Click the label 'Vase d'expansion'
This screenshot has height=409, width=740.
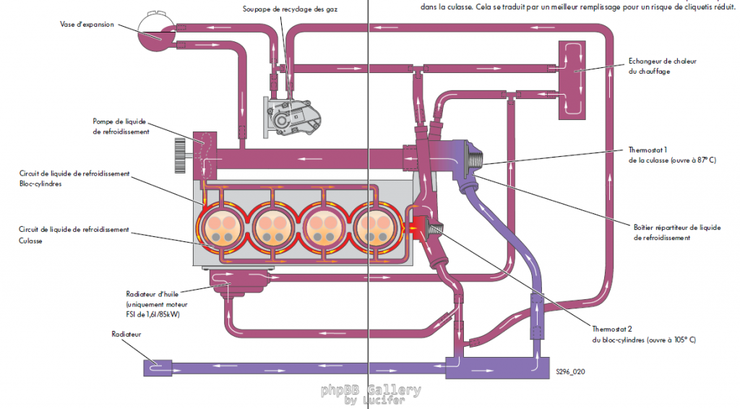pos(87,24)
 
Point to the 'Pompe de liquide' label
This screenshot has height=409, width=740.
pos(121,121)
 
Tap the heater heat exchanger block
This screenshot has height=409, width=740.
pos(575,79)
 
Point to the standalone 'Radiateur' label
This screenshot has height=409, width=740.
pos(126,335)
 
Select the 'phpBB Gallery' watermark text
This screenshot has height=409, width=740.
pos(371,390)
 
